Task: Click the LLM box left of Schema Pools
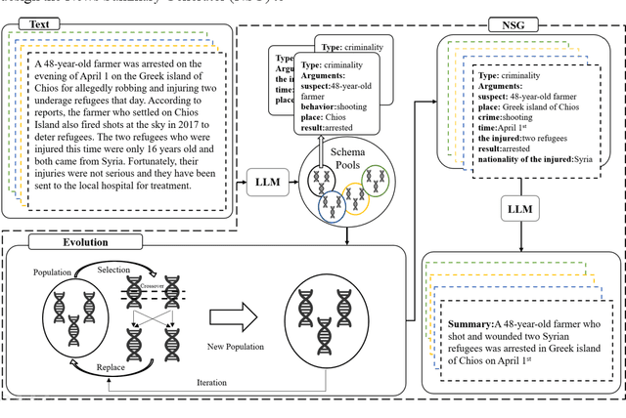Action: [267, 183]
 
